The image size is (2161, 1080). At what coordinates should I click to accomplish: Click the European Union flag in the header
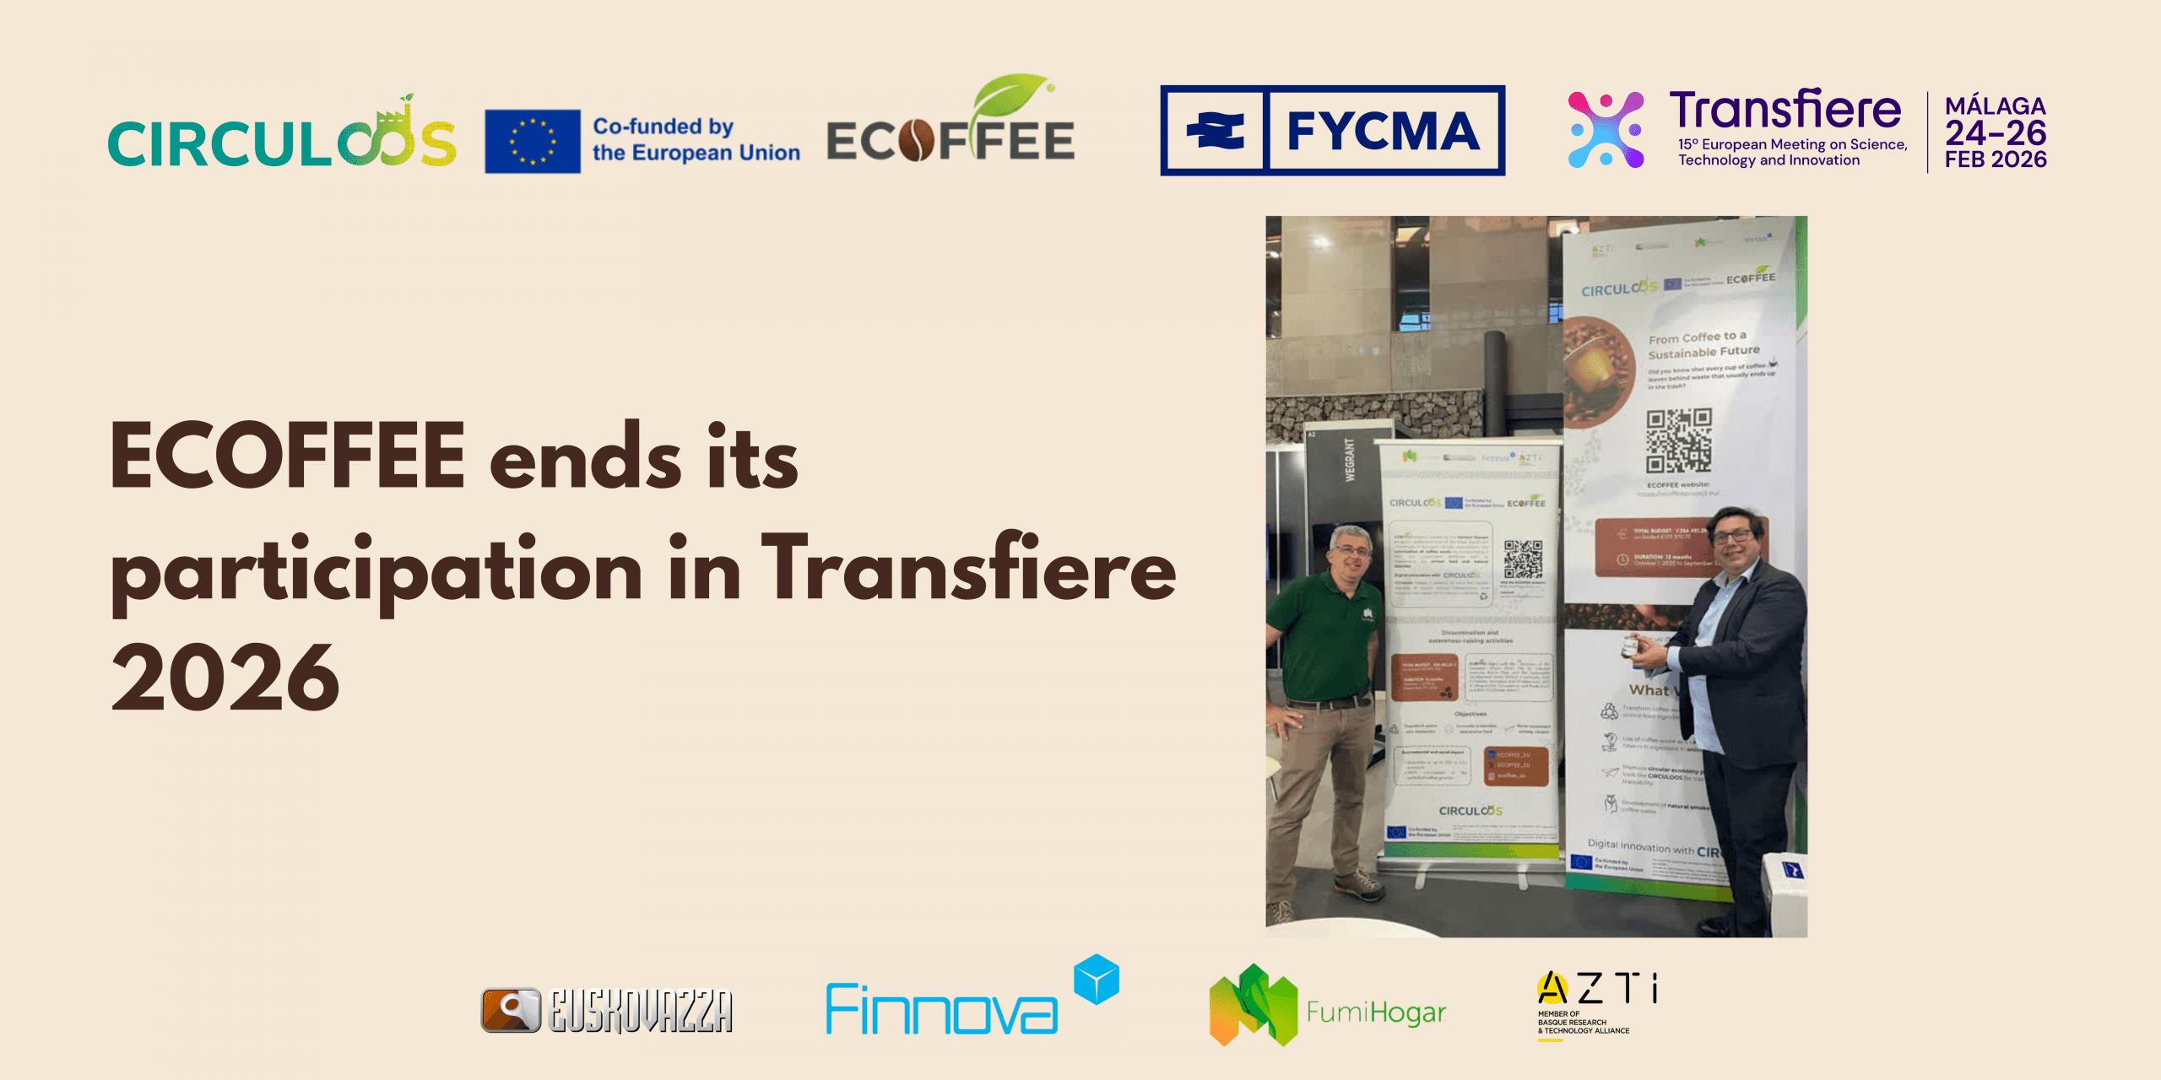(x=532, y=141)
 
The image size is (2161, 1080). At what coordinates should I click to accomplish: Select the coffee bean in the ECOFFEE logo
(x=916, y=141)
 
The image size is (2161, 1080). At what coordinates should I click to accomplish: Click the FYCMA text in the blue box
(x=1383, y=132)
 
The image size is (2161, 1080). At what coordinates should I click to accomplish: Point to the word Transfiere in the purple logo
(x=1785, y=111)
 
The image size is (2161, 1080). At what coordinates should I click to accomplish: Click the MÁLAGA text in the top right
(x=1995, y=106)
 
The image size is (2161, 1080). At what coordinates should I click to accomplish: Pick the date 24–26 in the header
(x=1996, y=133)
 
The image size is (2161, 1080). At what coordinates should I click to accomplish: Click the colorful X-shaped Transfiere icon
(x=1606, y=130)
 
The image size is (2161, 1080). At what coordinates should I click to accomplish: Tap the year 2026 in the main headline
(x=225, y=678)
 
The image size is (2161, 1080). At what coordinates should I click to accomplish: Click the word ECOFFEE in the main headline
(x=288, y=456)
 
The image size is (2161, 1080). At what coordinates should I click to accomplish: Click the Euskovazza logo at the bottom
(x=607, y=1011)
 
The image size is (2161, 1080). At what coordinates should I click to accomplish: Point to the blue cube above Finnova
(x=1096, y=980)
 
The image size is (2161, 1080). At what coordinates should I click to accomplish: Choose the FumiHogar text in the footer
(x=1376, y=1012)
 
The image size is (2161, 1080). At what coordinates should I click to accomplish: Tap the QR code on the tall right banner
(x=1678, y=440)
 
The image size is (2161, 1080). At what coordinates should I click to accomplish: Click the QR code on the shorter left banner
(x=1523, y=559)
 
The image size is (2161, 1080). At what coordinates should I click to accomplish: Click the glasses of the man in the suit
(x=1733, y=535)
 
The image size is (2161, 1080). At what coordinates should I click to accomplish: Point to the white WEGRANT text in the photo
(x=1349, y=460)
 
